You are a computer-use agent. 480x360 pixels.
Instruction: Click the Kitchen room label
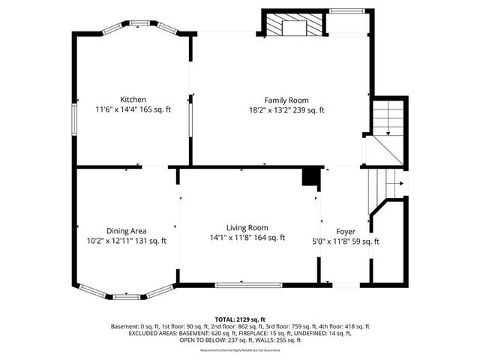tap(133, 99)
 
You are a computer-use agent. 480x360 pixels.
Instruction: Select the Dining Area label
tap(126, 230)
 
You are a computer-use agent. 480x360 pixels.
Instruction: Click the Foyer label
tap(345, 231)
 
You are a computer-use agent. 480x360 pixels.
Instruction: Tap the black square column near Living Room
tap(308, 177)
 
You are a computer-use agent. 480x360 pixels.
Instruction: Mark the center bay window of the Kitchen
tap(140, 22)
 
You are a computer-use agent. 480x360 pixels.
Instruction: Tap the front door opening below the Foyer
tap(345, 285)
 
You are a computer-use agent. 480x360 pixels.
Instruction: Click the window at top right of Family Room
tap(344, 12)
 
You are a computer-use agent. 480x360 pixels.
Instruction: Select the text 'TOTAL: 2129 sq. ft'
tap(239, 319)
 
